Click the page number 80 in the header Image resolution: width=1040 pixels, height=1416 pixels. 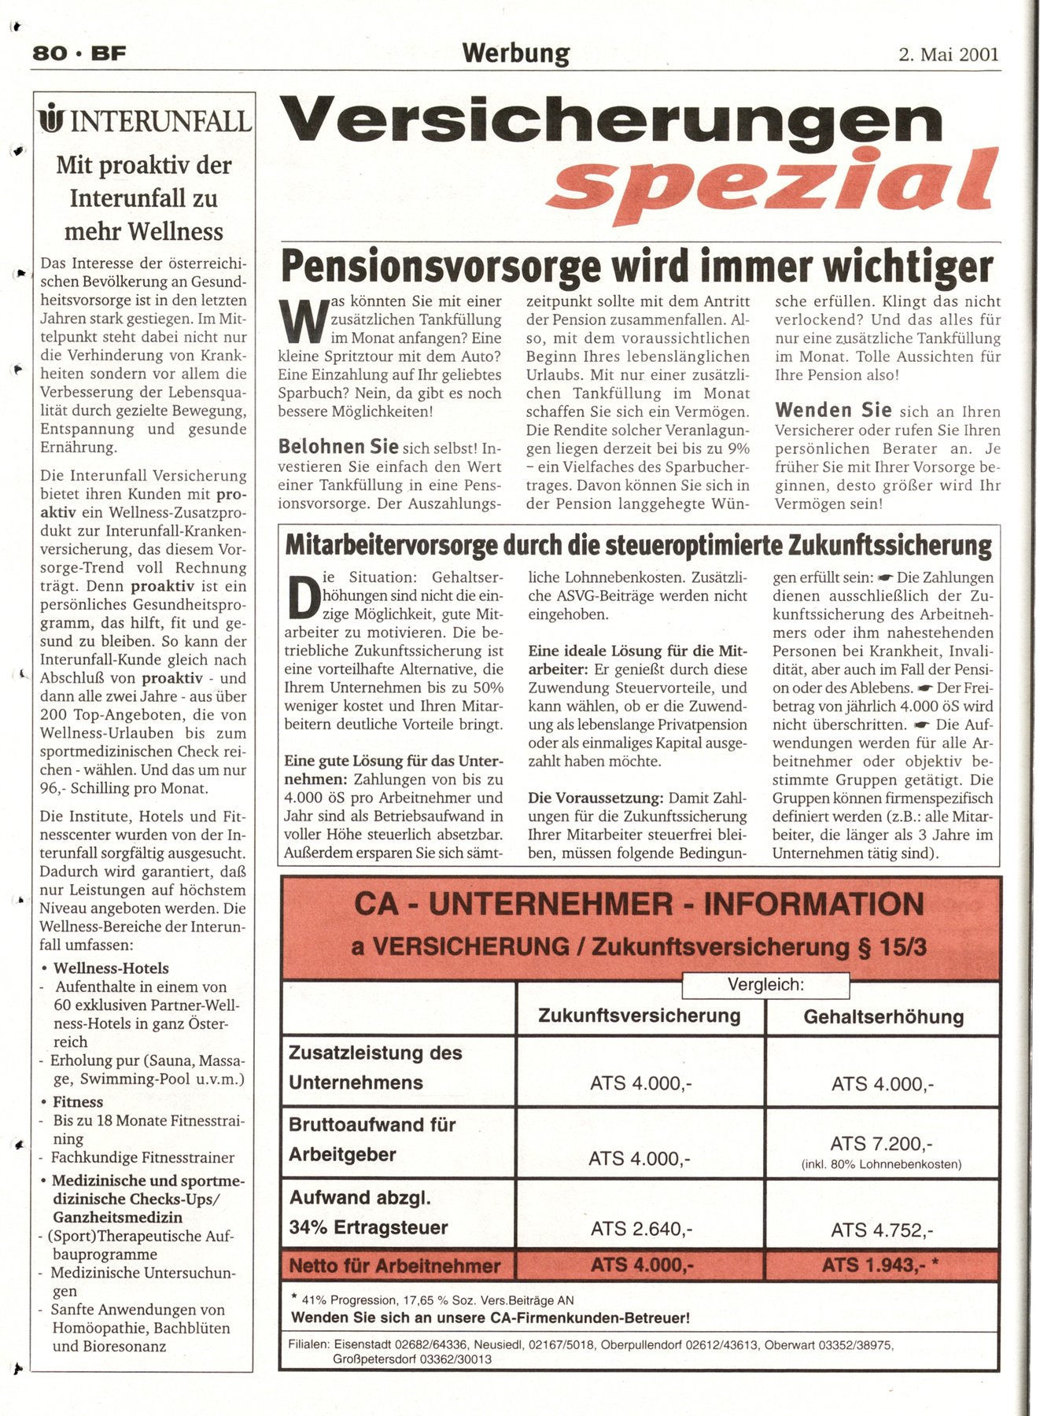pyautogui.click(x=49, y=53)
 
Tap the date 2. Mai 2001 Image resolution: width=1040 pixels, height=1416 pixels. pyautogui.click(x=948, y=54)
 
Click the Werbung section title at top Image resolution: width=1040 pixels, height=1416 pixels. pyautogui.click(x=515, y=53)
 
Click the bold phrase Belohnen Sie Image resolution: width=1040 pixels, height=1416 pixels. pyautogui.click(x=338, y=447)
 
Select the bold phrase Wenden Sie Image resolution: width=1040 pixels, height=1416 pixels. pyautogui.click(x=833, y=410)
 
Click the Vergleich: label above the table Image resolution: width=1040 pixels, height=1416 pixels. pyautogui.click(x=765, y=984)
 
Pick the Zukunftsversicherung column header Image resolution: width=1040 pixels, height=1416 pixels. pyautogui.click(x=639, y=1016)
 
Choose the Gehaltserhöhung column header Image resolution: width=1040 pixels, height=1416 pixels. pyautogui.click(x=883, y=1016)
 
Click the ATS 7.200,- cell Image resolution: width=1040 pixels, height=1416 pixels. pyautogui.click(x=881, y=1144)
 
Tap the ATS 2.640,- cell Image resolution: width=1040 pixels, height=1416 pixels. pyautogui.click(x=641, y=1229)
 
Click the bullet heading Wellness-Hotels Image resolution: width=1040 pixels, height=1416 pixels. pyautogui.click(x=111, y=968)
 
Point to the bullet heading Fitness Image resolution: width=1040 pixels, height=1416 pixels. pyautogui.click(x=78, y=1102)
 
